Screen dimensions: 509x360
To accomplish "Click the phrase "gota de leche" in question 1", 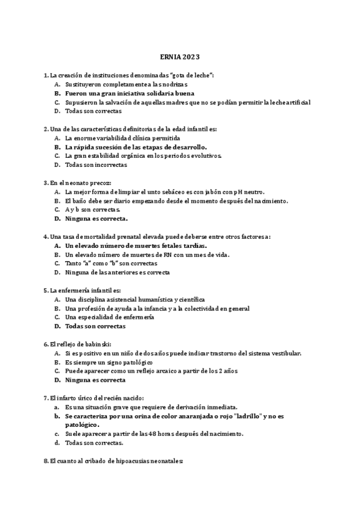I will click(191, 76).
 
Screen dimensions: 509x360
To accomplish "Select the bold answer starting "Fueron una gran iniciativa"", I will click(130, 94).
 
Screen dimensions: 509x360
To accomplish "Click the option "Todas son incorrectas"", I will click(96, 164).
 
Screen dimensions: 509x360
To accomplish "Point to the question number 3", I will click(46, 182).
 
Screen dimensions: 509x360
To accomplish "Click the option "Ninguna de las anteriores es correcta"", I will click(118, 272).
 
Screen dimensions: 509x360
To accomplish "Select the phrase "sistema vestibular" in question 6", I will click(275, 353).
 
